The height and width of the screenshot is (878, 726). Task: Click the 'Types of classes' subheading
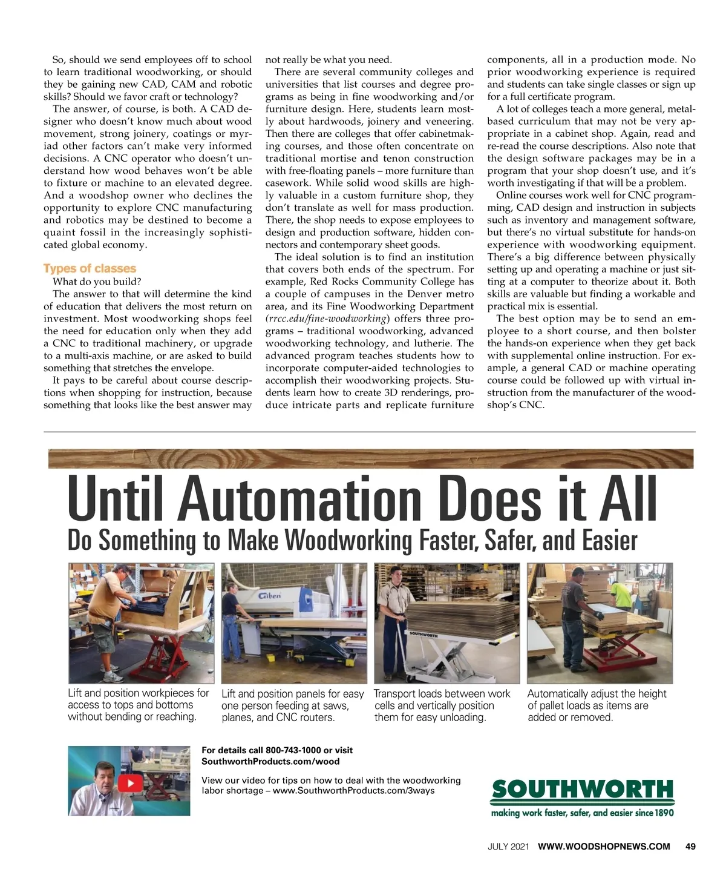(90, 268)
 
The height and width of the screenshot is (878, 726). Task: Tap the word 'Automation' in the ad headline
(299, 500)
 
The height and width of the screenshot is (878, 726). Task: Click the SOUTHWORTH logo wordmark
(582, 790)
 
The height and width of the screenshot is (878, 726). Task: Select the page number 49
(690, 847)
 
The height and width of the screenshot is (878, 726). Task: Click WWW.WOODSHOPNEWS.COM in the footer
(604, 847)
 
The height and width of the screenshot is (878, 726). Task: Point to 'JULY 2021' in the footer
(508, 847)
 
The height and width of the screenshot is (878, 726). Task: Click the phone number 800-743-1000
(293, 750)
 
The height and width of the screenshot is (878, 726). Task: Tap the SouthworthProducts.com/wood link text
(270, 761)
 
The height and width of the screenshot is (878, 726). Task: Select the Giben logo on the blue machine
(270, 596)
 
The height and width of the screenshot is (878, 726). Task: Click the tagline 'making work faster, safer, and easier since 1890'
(582, 813)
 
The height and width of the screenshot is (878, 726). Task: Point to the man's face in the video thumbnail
(104, 781)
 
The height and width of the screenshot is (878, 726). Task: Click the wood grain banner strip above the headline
(370, 458)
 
